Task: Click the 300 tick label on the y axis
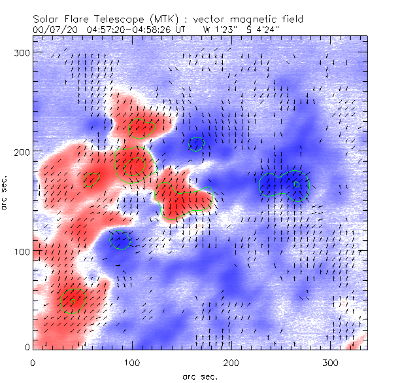(x=23, y=52)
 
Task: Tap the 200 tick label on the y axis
(x=23, y=152)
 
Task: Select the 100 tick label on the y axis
(x=23, y=251)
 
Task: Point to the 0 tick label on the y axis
(x=27, y=347)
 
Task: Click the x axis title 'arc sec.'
(x=199, y=376)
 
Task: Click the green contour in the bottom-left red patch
(x=72, y=300)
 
